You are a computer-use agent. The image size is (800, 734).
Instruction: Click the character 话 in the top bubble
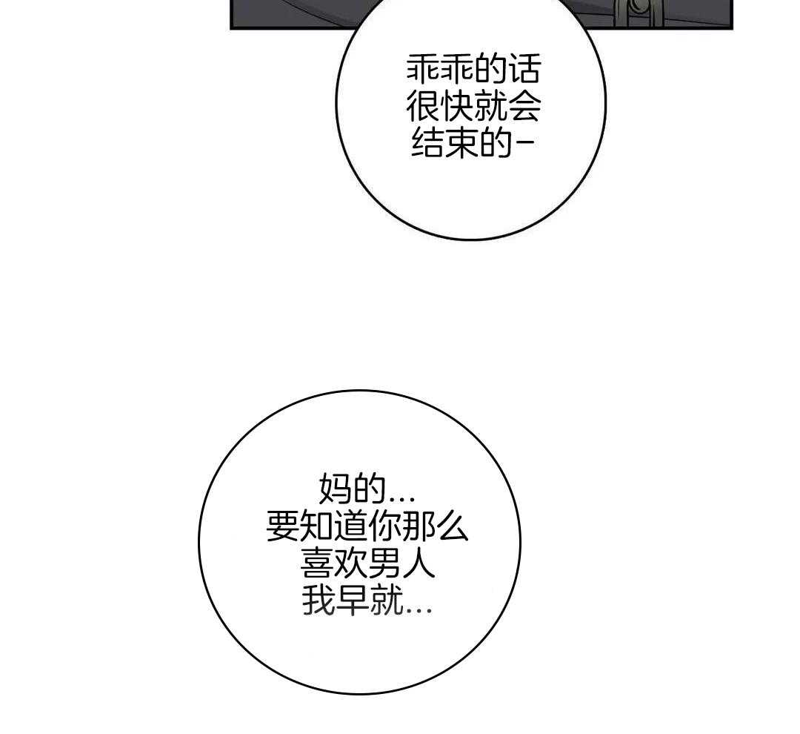524,70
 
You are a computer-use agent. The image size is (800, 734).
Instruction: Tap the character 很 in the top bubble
423,106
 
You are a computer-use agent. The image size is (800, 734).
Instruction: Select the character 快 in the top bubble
456,106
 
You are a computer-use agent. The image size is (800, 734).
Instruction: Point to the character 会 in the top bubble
524,106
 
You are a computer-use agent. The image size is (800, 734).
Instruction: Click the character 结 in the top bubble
428,142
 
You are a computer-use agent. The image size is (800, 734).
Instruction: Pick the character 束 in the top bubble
461,142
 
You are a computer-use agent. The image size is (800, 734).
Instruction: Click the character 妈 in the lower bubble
336,489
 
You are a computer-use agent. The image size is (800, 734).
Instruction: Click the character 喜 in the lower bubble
316,563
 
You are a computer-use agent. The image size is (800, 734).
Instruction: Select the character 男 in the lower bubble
384,563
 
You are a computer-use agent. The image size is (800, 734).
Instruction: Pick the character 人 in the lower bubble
417,563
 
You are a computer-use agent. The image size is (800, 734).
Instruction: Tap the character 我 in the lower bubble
319,600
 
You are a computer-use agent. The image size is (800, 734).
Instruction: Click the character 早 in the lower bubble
353,600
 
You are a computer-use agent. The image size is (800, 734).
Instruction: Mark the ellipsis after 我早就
419,610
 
